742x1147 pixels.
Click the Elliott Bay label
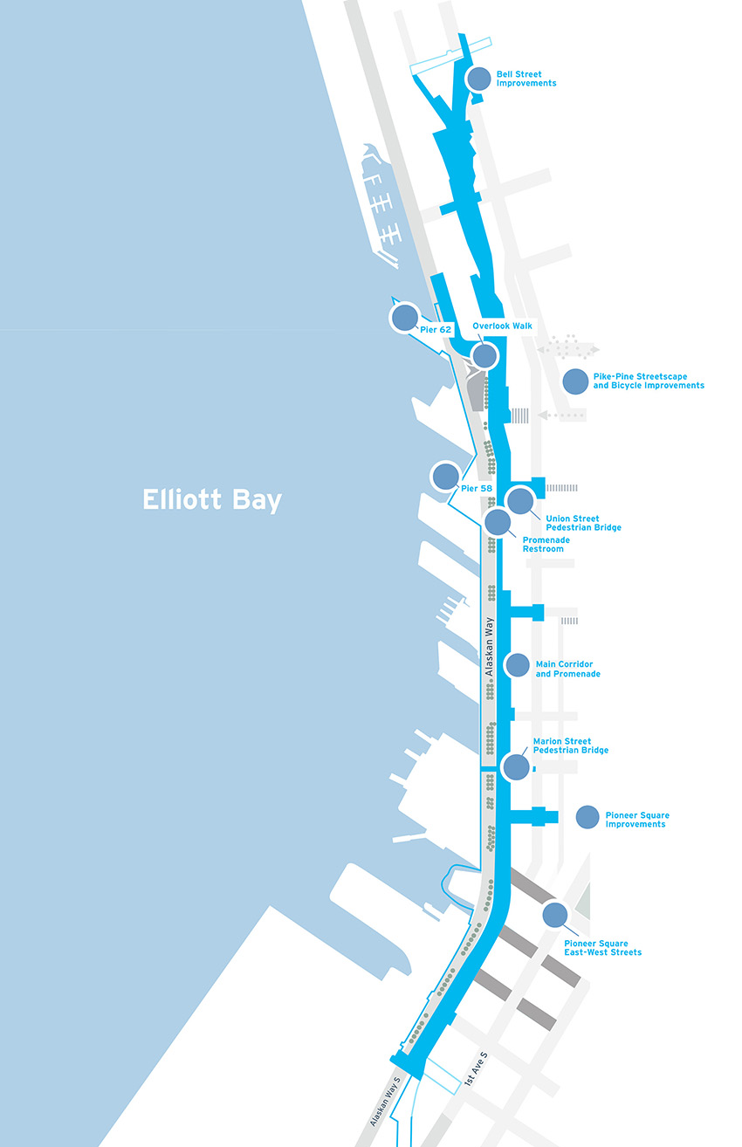[x=213, y=499]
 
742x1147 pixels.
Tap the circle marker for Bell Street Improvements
[x=478, y=79]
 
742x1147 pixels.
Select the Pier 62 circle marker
[x=404, y=318]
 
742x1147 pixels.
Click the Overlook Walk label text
[x=502, y=326]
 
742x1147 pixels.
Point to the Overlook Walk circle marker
[x=484, y=355]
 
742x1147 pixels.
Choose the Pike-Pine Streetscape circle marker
[x=575, y=381]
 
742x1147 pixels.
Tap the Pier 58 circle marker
[x=445, y=476]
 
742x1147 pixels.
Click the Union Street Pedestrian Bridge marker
[x=519, y=500]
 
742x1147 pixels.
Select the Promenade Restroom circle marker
[x=498, y=522]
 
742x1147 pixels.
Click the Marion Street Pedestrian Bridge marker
[x=517, y=766]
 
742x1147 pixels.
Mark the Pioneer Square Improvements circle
[x=587, y=816]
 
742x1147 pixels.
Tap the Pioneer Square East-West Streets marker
[x=553, y=915]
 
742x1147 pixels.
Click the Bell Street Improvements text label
[x=526, y=79]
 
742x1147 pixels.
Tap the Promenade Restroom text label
[x=546, y=545]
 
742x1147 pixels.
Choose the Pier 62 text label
[x=436, y=330]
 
